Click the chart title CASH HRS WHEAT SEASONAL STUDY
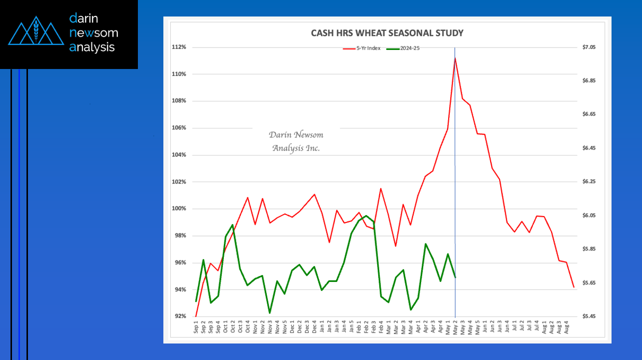coord(387,33)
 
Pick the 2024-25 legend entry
coord(406,48)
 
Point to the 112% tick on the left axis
coord(179,47)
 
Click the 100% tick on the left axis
coord(179,209)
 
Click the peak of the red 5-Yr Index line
coord(455,58)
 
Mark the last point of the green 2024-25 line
coord(455,277)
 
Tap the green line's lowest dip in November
coord(270,313)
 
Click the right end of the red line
coord(574,287)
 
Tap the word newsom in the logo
coord(94,33)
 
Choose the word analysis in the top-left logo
coord(92,47)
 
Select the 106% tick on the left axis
coord(179,128)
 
